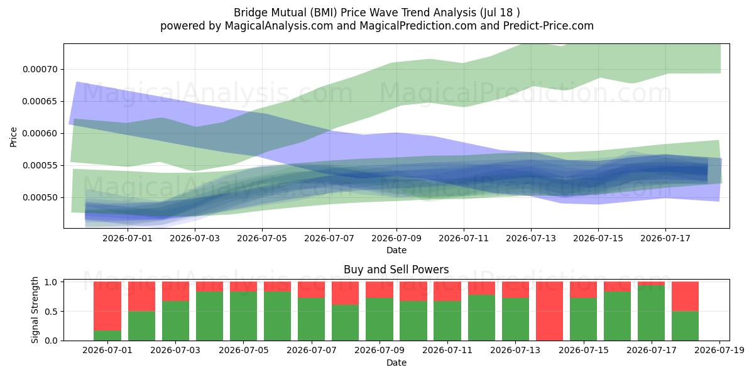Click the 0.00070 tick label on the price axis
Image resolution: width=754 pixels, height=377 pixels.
click(x=40, y=69)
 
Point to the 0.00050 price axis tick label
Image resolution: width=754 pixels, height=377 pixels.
click(x=40, y=197)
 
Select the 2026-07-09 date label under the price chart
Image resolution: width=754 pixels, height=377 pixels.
click(x=396, y=238)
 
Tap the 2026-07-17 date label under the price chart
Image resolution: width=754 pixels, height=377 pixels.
click(x=665, y=238)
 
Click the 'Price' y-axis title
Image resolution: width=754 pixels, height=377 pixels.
click(x=13, y=137)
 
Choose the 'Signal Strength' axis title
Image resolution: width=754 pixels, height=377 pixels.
click(x=35, y=310)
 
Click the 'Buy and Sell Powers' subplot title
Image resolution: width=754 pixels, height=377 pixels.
click(x=396, y=270)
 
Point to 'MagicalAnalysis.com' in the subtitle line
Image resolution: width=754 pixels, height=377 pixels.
click(x=279, y=26)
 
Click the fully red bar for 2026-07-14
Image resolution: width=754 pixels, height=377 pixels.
click(x=549, y=311)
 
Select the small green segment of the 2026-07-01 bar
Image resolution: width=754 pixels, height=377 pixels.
click(x=107, y=336)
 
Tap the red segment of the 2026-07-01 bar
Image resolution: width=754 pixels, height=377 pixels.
click(x=107, y=306)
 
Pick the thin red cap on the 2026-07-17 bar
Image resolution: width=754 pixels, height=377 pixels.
click(x=651, y=283)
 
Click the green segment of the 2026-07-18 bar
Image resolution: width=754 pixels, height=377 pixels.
click(x=685, y=326)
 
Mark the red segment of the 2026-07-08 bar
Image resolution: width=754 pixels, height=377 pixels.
click(x=345, y=293)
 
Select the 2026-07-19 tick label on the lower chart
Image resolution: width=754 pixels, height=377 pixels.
click(x=719, y=351)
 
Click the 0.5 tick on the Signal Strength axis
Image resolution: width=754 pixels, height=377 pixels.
click(x=52, y=312)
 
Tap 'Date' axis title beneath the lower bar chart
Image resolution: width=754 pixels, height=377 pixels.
click(x=396, y=363)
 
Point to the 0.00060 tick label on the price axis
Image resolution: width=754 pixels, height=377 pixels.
click(x=40, y=134)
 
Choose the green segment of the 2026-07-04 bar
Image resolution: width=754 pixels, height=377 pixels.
click(x=209, y=316)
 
